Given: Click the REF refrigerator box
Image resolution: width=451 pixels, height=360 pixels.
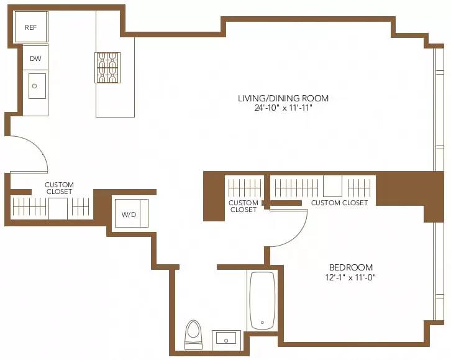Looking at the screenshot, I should pos(31,27).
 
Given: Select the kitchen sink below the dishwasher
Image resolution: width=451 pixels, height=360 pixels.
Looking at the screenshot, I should pos(36,86).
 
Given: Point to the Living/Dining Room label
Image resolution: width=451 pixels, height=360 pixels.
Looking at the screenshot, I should pos(283,98).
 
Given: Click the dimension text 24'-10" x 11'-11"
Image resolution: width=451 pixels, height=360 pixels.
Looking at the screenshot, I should pos(283,108).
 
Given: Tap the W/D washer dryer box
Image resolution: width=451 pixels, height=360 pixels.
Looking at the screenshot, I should pos(129,215).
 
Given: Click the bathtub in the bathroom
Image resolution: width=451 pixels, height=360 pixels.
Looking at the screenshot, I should pos(262,302).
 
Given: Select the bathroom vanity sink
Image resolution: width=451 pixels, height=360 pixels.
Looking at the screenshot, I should pos(225,339).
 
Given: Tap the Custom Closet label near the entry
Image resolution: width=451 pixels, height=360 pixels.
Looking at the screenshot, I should pos(59,188).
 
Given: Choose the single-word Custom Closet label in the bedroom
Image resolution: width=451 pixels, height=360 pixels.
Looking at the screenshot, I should pos(339,203).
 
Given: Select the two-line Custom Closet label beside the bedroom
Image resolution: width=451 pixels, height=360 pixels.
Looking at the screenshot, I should pos(243,206).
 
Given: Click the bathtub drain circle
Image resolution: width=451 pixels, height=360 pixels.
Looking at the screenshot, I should pos(262,323).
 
